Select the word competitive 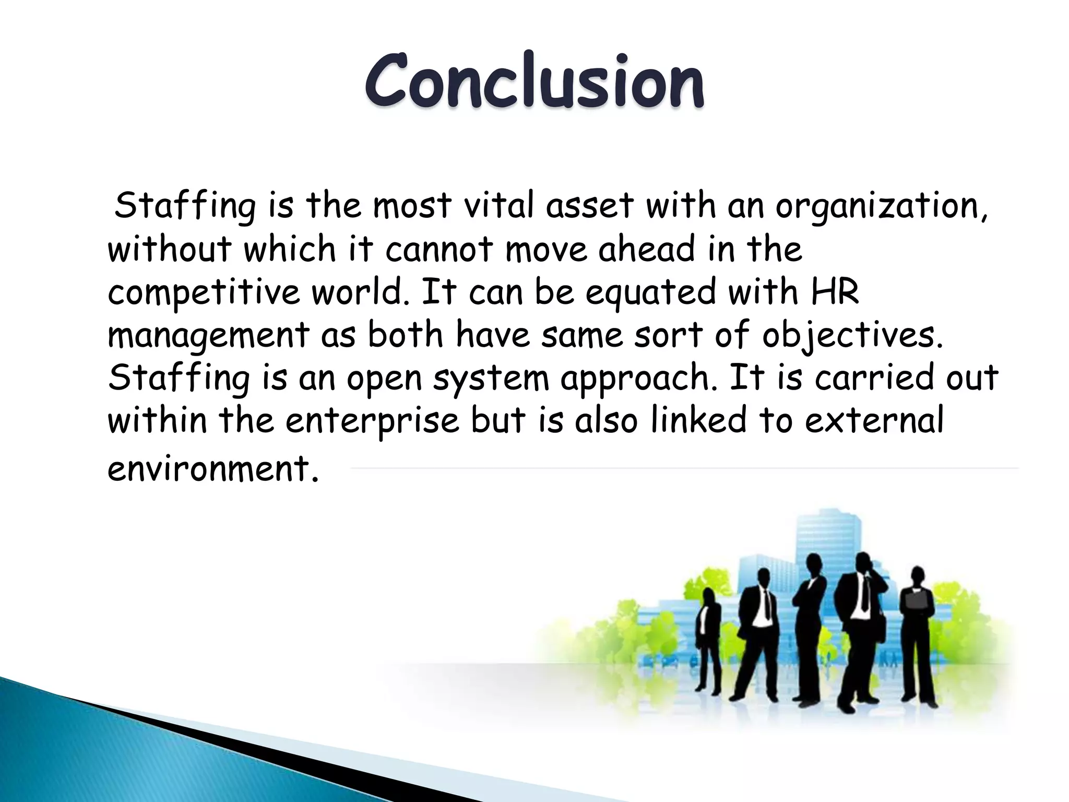click(204, 293)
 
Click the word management click(208, 336)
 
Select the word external click(874, 420)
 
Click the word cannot click(439, 250)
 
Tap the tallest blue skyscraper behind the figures click(830, 533)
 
